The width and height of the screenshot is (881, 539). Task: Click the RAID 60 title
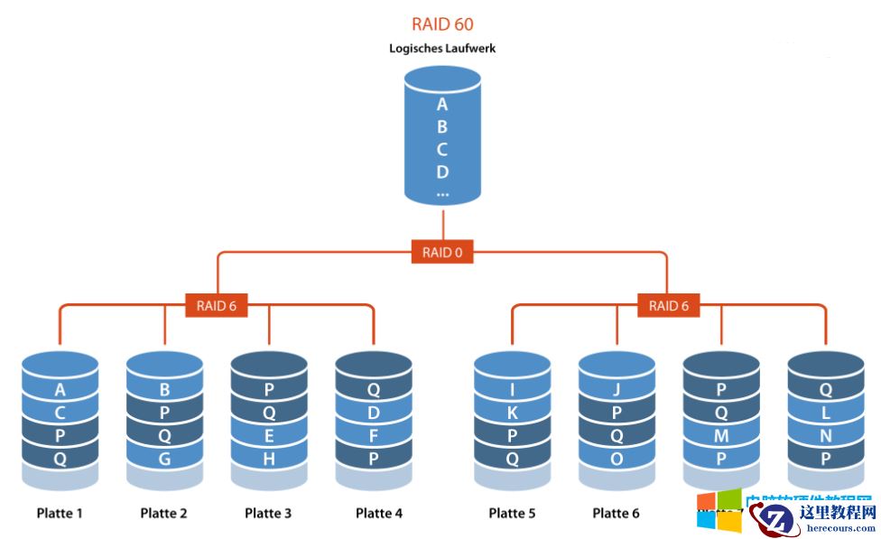tap(442, 24)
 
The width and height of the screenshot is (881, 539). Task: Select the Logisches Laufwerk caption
tap(442, 48)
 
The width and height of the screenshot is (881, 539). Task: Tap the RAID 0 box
tap(442, 253)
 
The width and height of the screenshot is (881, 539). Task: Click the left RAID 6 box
tap(217, 306)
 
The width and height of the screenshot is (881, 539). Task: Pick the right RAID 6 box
tap(668, 306)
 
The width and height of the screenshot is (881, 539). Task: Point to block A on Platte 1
tap(60, 390)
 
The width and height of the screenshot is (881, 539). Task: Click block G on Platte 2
tap(164, 458)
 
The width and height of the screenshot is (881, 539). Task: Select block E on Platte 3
tap(269, 435)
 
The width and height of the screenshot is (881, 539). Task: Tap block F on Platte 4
tap(373, 435)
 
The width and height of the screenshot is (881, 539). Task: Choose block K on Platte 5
tap(512, 413)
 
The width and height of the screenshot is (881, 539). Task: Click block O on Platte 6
tap(617, 458)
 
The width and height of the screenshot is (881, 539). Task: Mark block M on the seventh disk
tap(720, 435)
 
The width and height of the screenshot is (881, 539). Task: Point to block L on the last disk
tap(825, 413)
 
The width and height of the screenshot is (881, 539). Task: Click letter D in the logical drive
tap(442, 172)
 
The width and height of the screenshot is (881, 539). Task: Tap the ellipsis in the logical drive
tap(442, 193)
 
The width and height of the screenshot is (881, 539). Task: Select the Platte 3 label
tap(268, 514)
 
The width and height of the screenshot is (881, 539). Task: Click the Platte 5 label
tap(512, 514)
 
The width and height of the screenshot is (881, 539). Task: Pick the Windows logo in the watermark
tap(718, 511)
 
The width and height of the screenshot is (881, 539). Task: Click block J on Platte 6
tap(617, 390)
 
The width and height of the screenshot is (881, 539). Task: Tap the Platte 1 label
tap(60, 514)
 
